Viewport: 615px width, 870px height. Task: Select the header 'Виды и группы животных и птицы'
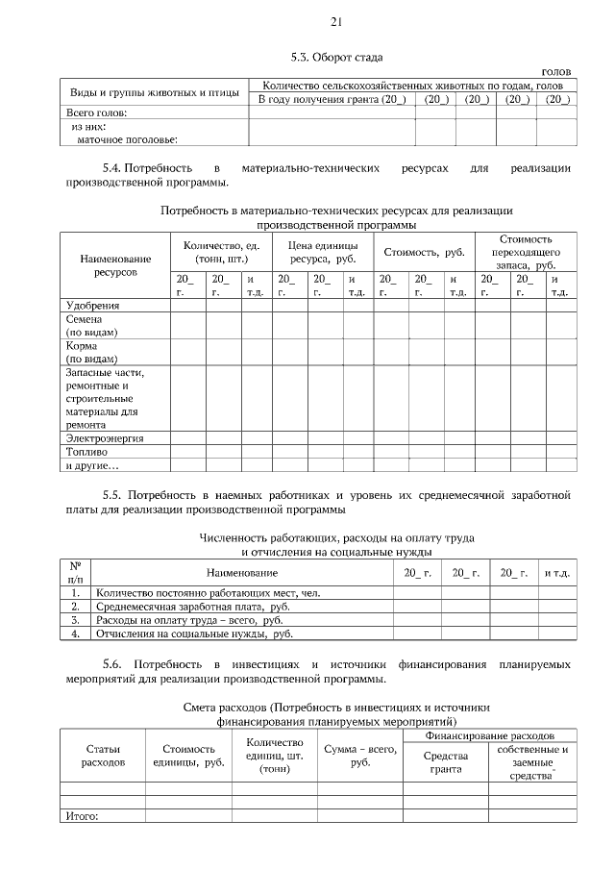pyautogui.click(x=153, y=92)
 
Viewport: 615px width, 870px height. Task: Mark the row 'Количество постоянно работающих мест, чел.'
pyautogui.click(x=208, y=593)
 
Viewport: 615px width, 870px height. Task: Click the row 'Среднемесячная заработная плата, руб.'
pyautogui.click(x=193, y=607)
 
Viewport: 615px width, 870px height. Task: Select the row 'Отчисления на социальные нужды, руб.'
pyautogui.click(x=194, y=634)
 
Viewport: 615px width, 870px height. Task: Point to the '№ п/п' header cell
pyautogui.click(x=75, y=572)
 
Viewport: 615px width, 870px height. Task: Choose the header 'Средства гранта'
pyautogui.click(x=445, y=761)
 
